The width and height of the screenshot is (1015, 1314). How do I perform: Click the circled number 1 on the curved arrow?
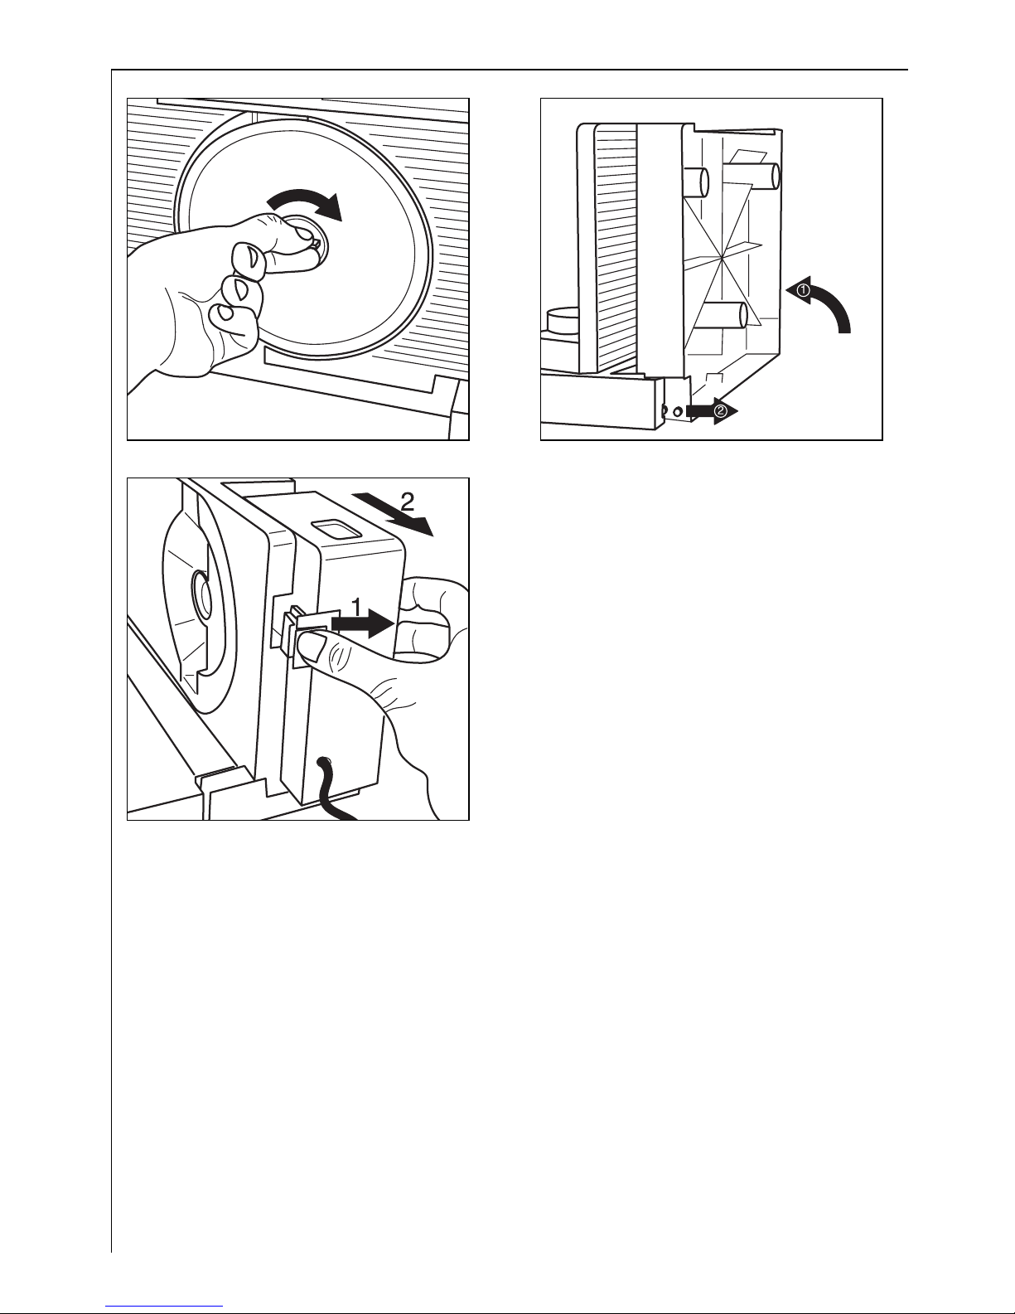804,289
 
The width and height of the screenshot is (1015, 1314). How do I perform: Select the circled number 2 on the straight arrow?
719,411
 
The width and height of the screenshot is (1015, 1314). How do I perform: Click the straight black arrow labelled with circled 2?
712,411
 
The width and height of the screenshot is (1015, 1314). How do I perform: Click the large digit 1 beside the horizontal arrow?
357,607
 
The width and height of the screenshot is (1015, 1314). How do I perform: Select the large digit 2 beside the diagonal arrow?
408,502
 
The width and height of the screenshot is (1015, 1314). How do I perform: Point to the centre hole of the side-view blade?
202,596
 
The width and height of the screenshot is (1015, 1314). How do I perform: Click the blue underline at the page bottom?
164,1307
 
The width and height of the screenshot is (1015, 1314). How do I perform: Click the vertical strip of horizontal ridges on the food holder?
616,247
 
